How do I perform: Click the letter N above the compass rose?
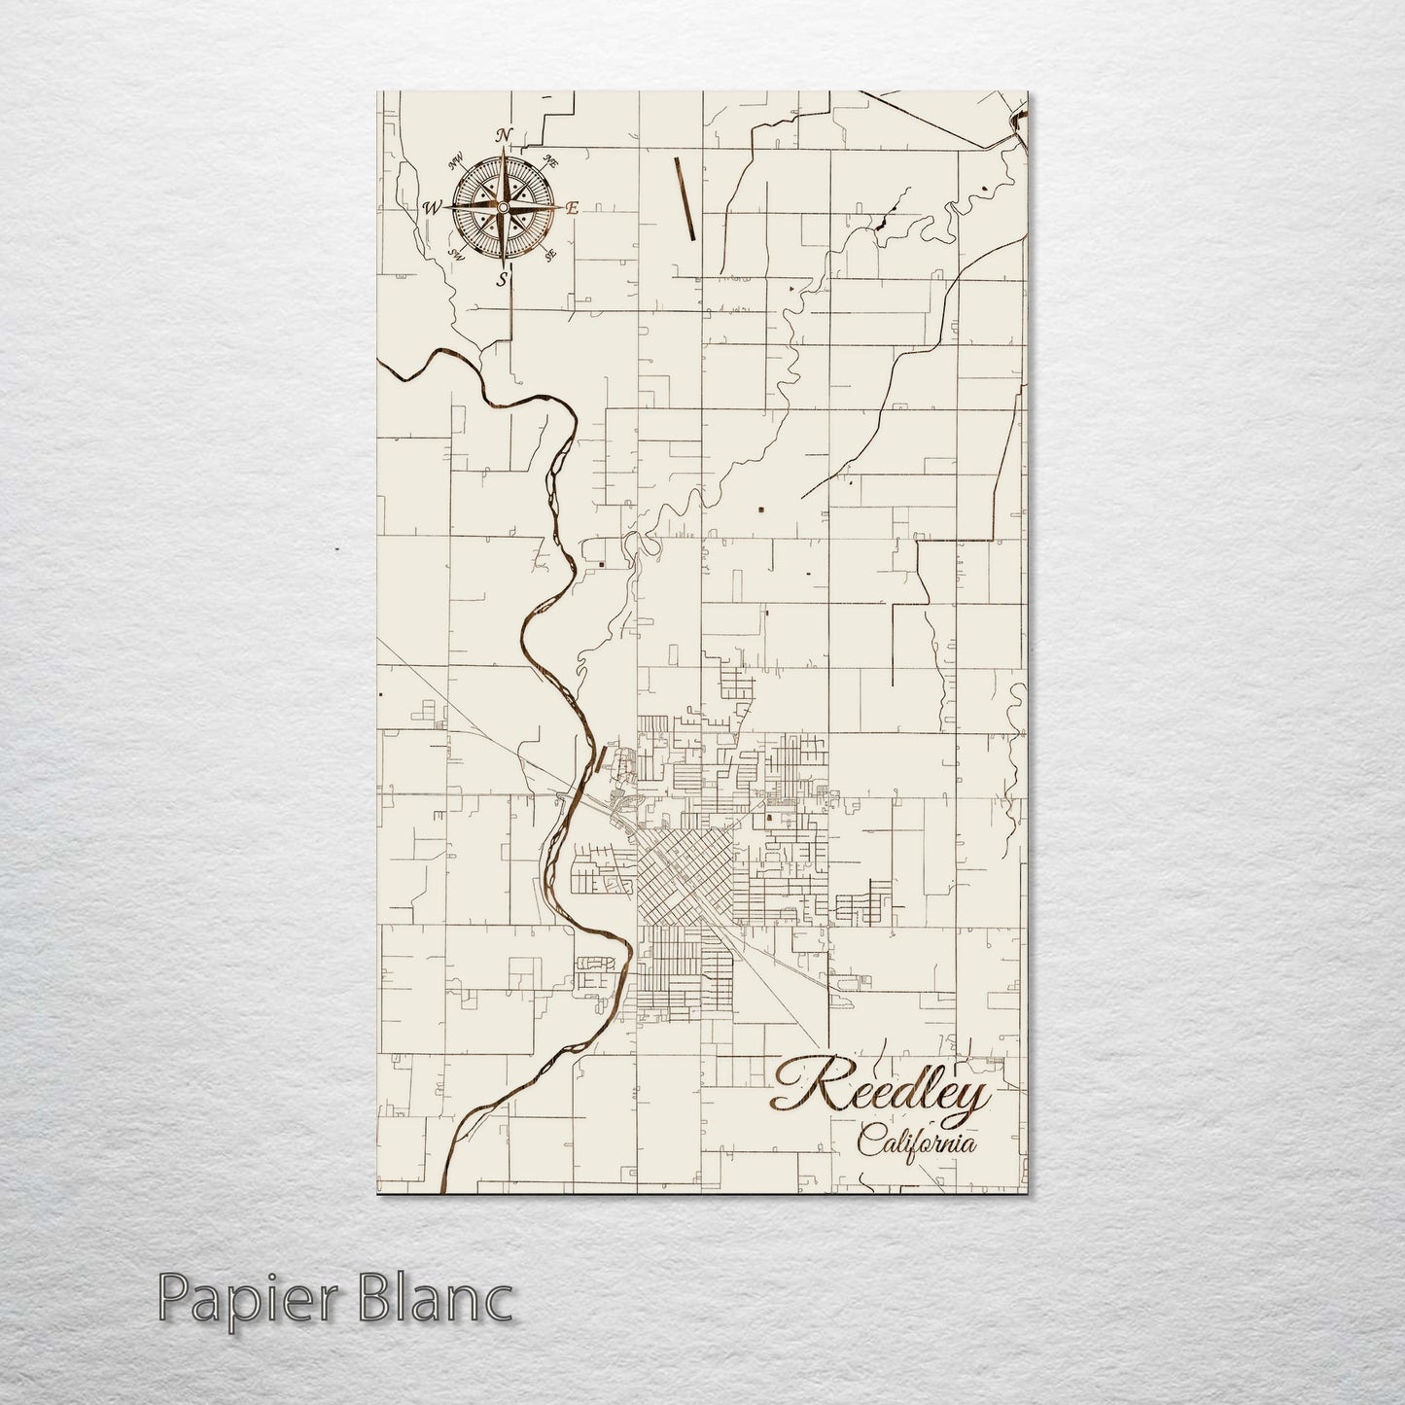pyautogui.click(x=504, y=135)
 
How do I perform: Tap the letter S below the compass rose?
pyautogui.click(x=503, y=280)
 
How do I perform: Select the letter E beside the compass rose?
pyautogui.click(x=573, y=207)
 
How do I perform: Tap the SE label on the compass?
pyautogui.click(x=550, y=255)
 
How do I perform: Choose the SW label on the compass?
pyautogui.click(x=455, y=255)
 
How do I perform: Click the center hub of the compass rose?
pyautogui.click(x=503, y=207)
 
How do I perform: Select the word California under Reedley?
pyautogui.click(x=918, y=1142)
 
